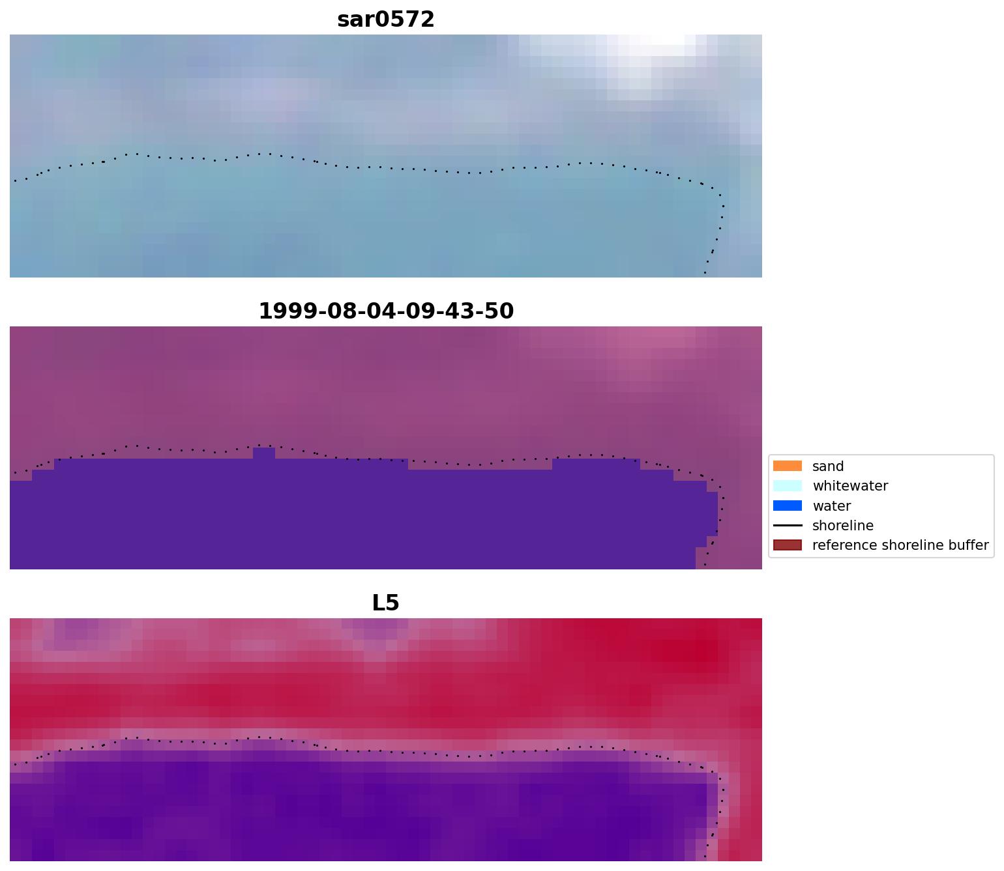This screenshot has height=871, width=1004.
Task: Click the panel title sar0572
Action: [385, 20]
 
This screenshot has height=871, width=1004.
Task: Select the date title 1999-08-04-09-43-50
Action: [386, 311]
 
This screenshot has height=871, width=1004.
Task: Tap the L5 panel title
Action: [385, 603]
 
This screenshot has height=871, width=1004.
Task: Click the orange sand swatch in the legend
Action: [787, 466]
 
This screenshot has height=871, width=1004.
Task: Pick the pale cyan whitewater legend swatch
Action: [787, 486]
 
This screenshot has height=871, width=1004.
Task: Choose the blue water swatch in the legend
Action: [787, 506]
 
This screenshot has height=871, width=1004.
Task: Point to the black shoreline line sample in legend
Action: [787, 526]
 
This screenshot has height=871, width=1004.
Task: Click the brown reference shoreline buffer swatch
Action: [787, 545]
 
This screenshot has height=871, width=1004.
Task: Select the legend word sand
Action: [828, 466]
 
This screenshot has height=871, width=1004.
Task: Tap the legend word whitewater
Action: [850, 486]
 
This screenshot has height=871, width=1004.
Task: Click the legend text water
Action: [831, 506]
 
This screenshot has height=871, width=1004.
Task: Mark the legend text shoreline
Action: [842, 526]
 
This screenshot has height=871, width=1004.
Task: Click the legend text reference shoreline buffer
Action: [900, 545]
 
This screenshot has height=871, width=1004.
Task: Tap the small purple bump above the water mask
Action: [263, 453]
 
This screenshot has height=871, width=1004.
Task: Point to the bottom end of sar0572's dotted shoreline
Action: [705, 272]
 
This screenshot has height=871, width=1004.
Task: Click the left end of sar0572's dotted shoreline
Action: [15, 180]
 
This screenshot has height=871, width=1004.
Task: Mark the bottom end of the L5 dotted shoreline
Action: [705, 856]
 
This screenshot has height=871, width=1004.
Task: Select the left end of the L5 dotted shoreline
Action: [15, 764]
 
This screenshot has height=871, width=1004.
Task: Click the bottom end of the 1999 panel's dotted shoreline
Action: [705, 564]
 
